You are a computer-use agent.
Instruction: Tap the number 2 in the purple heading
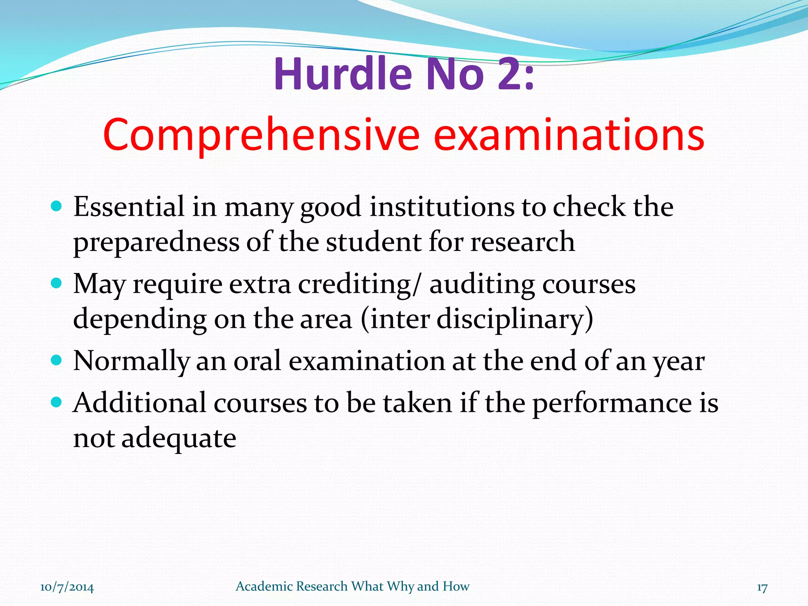(x=509, y=74)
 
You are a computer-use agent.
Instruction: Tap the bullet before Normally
(x=57, y=360)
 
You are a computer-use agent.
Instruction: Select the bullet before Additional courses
(x=57, y=402)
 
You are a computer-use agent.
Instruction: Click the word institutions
(x=442, y=207)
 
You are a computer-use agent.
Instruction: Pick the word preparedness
(x=156, y=242)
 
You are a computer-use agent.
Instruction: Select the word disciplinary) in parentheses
(x=514, y=319)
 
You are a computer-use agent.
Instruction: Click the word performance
(x=612, y=403)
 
